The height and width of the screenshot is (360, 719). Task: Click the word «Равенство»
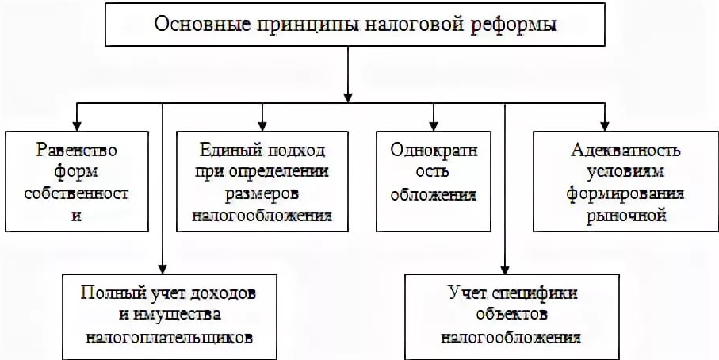click(x=77, y=149)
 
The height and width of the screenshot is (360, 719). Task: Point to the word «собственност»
click(x=77, y=193)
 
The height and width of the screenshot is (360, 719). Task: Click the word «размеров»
click(x=262, y=193)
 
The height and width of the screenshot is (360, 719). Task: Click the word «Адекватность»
click(x=614, y=149)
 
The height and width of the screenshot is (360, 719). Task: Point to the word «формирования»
click(x=614, y=193)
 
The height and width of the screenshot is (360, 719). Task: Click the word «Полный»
click(x=109, y=293)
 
